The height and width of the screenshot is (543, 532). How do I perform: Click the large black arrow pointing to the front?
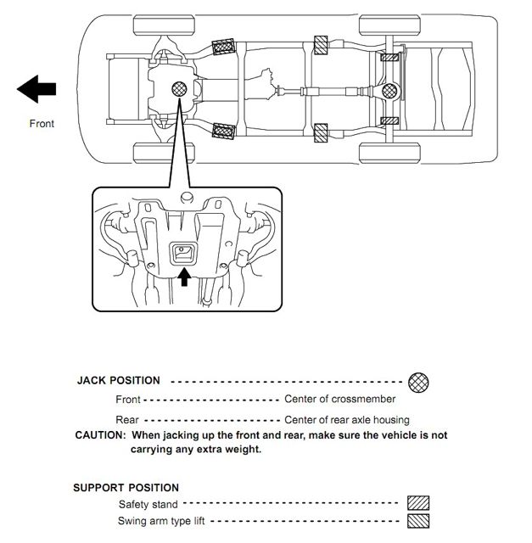point(36,89)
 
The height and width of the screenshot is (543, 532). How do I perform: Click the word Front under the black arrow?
point(42,124)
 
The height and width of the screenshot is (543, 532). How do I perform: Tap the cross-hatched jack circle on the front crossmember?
point(179,89)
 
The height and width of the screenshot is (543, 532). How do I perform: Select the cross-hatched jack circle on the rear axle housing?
point(389,91)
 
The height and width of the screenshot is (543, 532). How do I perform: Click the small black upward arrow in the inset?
point(184,277)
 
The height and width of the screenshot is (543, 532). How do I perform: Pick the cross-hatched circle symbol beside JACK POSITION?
point(418,383)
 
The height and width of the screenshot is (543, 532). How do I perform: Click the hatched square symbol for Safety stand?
point(418,503)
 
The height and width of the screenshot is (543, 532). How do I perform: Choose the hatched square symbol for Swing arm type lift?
point(418,521)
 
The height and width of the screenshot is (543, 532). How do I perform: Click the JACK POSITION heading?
point(119,380)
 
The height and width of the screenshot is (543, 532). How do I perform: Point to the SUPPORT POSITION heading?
point(126,488)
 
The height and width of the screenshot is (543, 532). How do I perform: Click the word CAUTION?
point(101,435)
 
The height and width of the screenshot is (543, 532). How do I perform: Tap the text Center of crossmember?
point(339,399)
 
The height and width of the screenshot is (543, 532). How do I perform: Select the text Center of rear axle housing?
point(347,420)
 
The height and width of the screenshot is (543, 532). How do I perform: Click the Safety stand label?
point(148,504)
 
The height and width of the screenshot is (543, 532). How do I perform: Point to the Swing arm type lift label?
point(161,521)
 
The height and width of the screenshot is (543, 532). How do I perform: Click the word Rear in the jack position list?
point(127,420)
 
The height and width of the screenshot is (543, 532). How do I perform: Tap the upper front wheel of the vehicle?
point(164,25)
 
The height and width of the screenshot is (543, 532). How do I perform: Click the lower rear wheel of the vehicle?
point(390,153)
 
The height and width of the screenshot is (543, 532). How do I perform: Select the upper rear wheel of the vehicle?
point(390,25)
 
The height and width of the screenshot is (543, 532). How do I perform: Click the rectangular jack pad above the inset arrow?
point(183,254)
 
